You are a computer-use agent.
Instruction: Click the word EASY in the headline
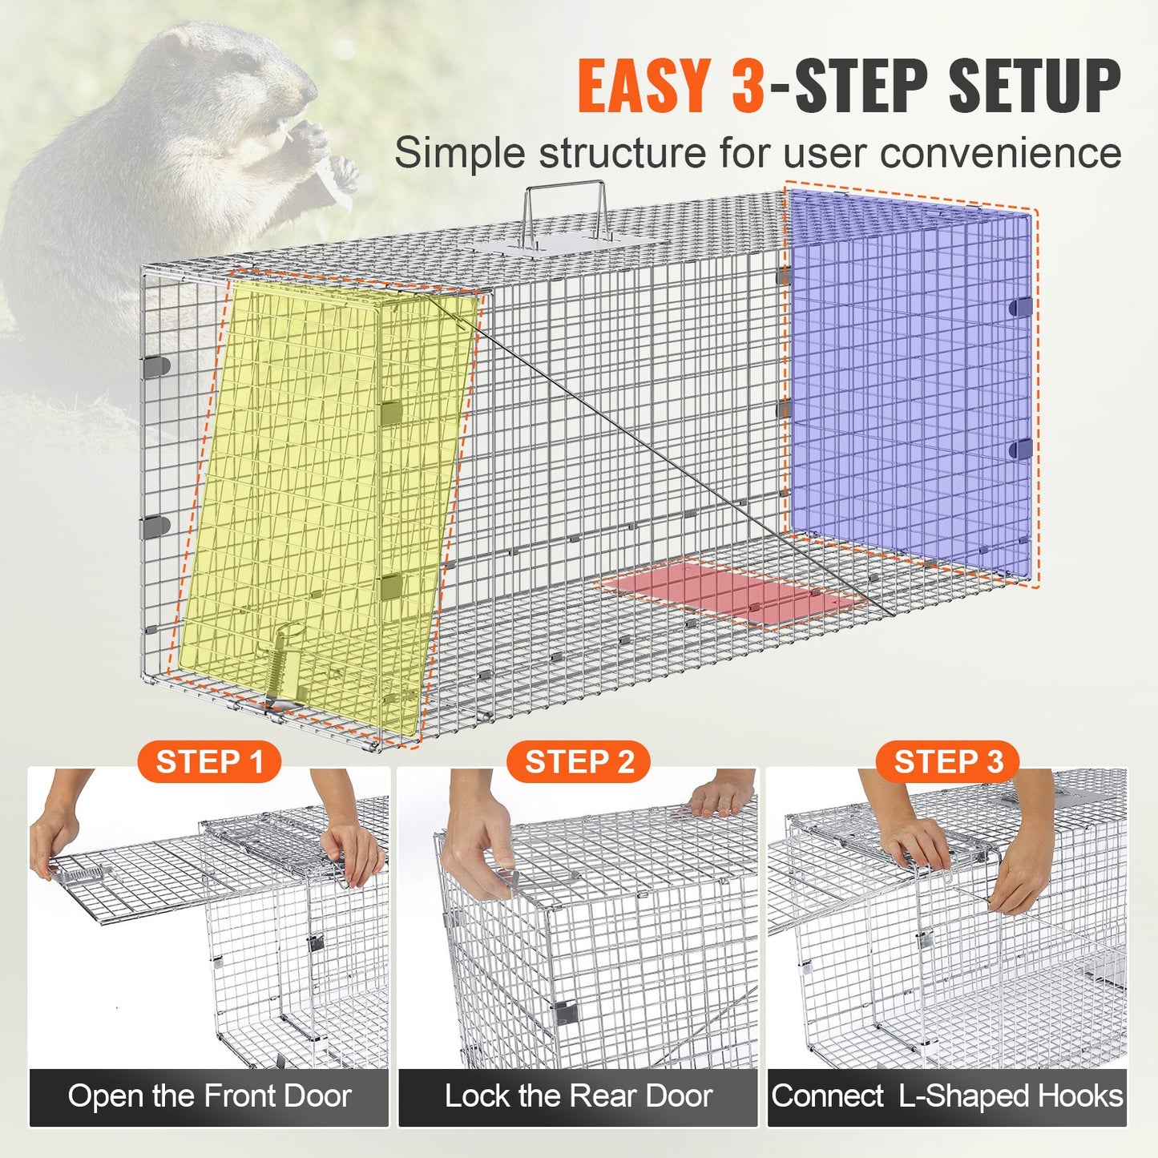643,86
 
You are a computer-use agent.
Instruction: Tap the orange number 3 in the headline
747,86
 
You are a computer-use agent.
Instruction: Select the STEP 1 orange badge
209,762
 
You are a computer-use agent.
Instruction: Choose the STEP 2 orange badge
579,762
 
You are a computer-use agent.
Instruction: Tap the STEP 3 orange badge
948,762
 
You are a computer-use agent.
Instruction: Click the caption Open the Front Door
209,1096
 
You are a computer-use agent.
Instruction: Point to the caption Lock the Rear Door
579,1096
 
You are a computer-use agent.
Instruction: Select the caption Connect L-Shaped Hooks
947,1096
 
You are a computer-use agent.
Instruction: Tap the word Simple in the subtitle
458,152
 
